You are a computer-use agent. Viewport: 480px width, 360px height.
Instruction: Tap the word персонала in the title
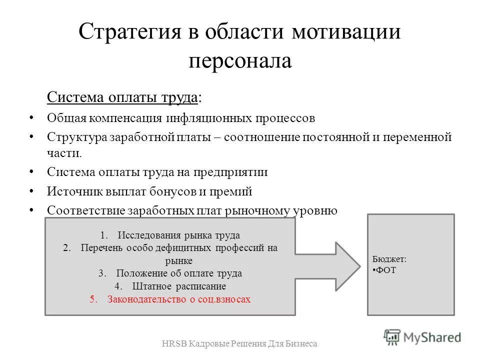click(239, 60)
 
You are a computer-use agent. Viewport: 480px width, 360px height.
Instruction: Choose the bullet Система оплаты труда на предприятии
click(157, 172)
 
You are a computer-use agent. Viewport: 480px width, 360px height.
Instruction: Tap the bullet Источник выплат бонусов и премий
click(149, 191)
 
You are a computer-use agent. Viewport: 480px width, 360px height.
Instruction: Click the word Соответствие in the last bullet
click(84, 210)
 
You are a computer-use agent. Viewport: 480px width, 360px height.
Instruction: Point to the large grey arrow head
click(345, 265)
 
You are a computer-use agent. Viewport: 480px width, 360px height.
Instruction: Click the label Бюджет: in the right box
click(389, 260)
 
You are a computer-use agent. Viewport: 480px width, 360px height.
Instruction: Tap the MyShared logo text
click(433, 336)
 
